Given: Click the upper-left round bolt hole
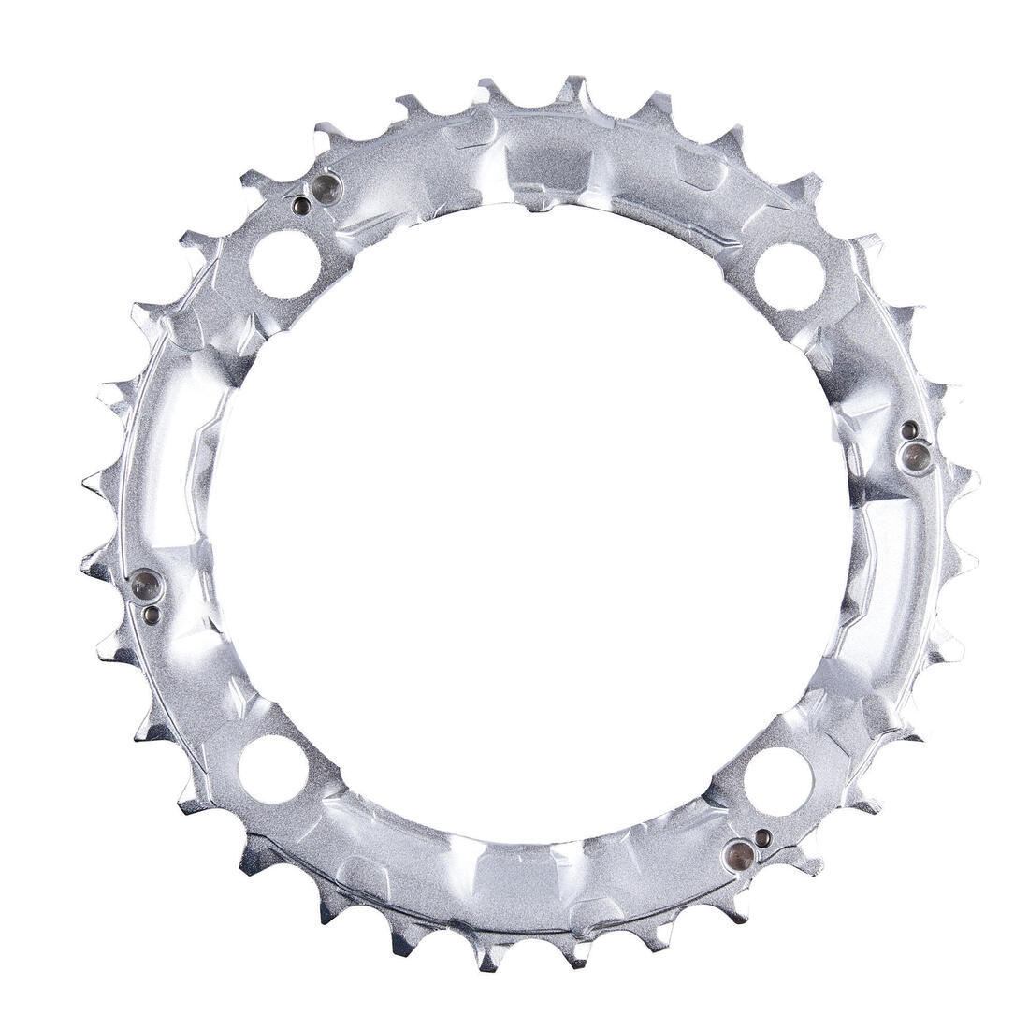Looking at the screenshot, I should click(284, 265).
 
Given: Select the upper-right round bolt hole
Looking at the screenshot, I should click(789, 276).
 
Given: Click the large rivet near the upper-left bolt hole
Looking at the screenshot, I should click(326, 190).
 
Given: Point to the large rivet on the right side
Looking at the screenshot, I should click(915, 457).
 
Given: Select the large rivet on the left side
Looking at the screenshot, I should click(146, 587).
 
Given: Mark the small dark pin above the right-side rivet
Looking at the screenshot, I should click(907, 429).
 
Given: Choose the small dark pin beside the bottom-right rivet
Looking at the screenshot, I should click(764, 836).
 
